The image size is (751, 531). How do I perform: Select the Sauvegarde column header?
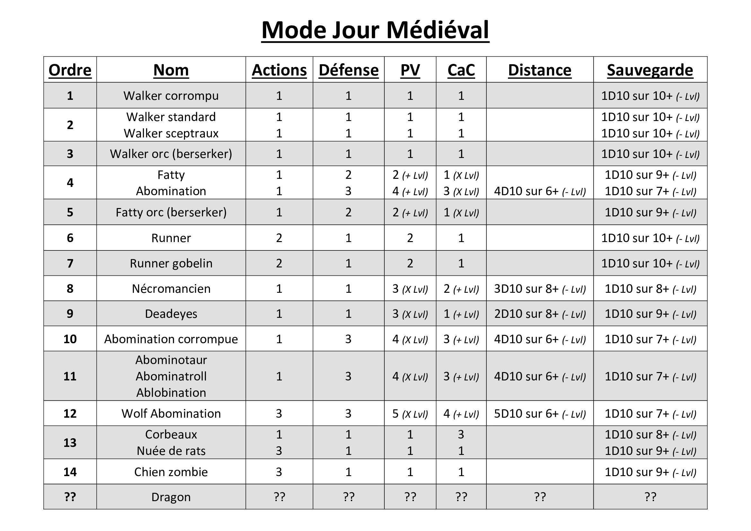click(650, 70)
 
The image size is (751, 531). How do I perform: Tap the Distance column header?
click(540, 70)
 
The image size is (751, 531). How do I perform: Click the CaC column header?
click(461, 70)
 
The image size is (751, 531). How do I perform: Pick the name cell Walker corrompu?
click(171, 95)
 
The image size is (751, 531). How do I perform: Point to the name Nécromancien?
click(171, 289)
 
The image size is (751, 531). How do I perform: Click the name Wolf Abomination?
click(171, 413)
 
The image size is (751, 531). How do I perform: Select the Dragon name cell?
click(171, 497)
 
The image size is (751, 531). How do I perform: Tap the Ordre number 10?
click(70, 339)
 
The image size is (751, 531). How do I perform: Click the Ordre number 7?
click(70, 263)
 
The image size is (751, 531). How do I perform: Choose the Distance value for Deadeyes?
click(540, 314)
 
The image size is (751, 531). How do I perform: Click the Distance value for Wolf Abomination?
click(540, 413)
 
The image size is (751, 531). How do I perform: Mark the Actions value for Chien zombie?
click(279, 472)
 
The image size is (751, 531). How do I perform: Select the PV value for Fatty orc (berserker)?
click(410, 213)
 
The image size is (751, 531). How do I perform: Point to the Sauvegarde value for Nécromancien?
click(650, 289)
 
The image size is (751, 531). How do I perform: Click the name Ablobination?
click(171, 393)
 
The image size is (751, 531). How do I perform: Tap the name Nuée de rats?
click(171, 451)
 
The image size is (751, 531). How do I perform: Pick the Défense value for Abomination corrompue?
click(348, 339)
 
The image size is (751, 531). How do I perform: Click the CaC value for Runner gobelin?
click(461, 263)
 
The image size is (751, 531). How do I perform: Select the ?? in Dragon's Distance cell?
click(540, 497)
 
